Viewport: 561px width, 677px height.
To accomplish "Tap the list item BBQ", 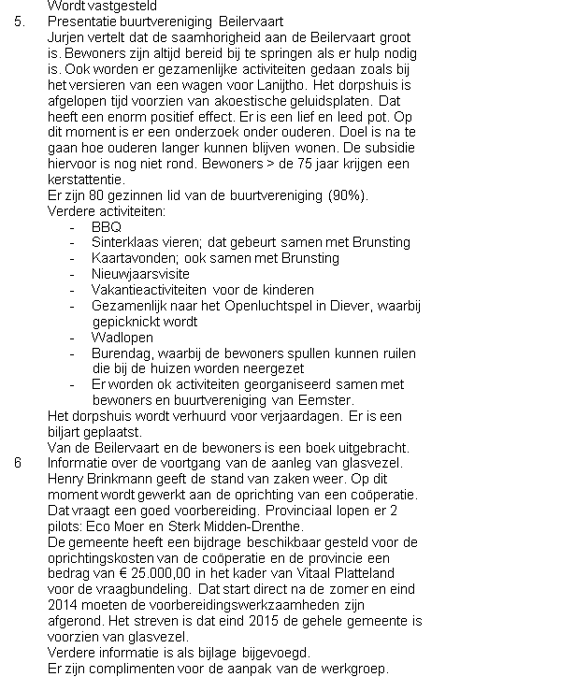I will coord(107,226).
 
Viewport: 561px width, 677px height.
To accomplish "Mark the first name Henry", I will coord(65,480).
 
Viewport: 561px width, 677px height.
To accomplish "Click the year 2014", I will coord(64,606).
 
